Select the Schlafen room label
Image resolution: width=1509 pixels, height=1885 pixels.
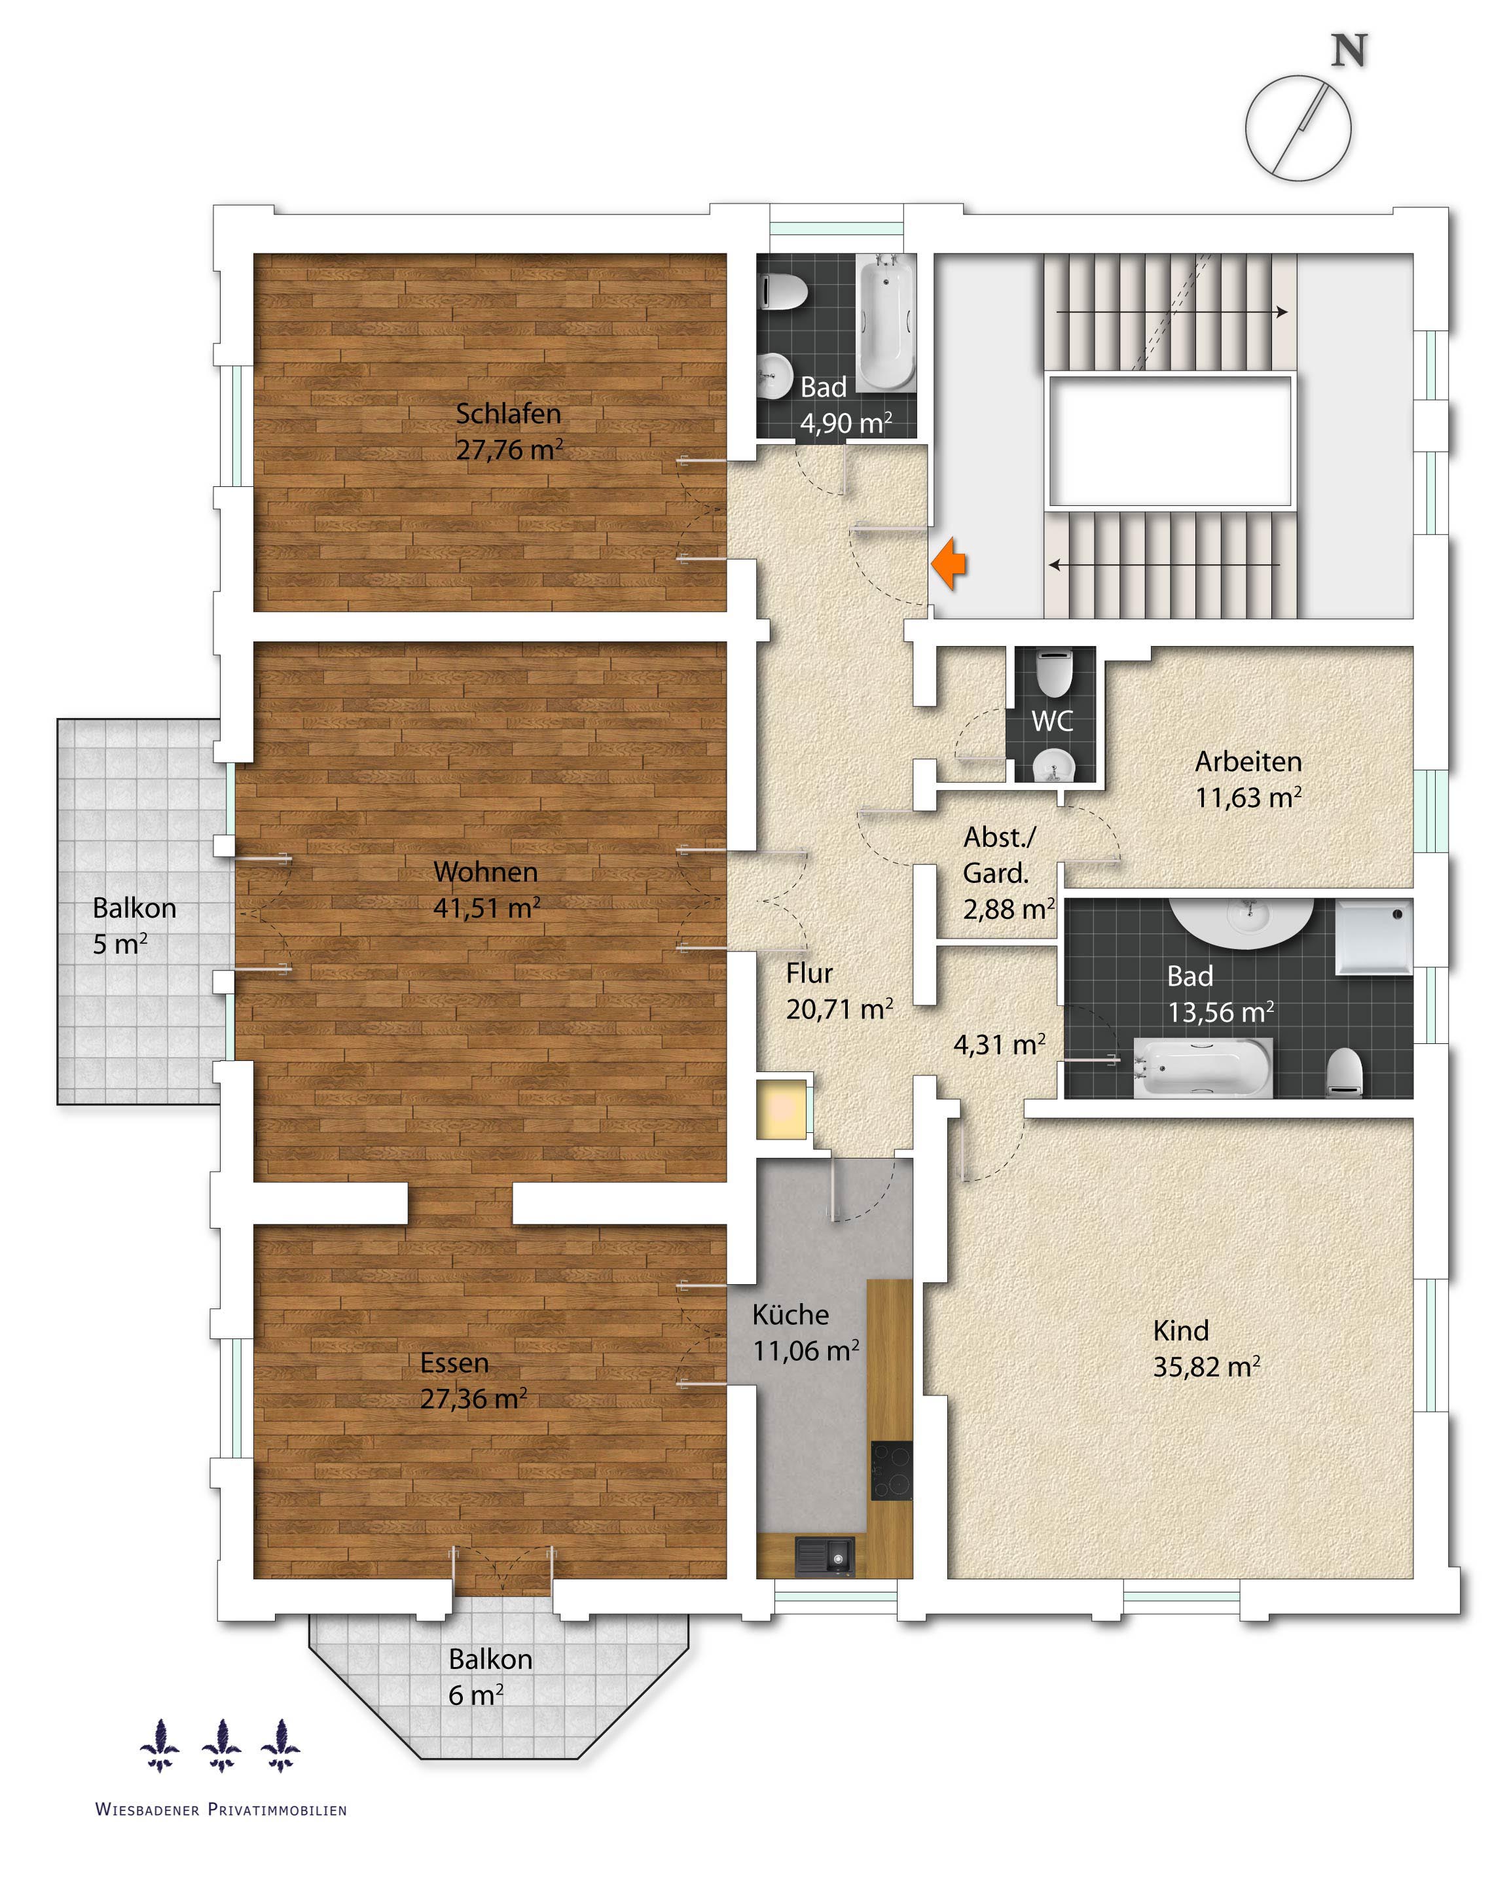508,414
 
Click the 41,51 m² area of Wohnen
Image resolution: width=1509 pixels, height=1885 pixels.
487,908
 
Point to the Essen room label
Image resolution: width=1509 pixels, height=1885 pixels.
454,1363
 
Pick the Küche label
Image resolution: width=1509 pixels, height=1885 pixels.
790,1315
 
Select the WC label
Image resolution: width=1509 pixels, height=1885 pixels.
1052,721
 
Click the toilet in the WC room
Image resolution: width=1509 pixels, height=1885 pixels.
1053,672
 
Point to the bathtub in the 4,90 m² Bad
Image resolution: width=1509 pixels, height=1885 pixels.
886,322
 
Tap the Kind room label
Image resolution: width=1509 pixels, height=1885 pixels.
1180,1331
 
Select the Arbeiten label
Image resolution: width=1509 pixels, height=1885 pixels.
1248,761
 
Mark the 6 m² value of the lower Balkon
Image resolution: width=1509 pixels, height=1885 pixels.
475,1695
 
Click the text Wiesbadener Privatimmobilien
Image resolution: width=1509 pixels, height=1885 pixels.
221,1810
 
